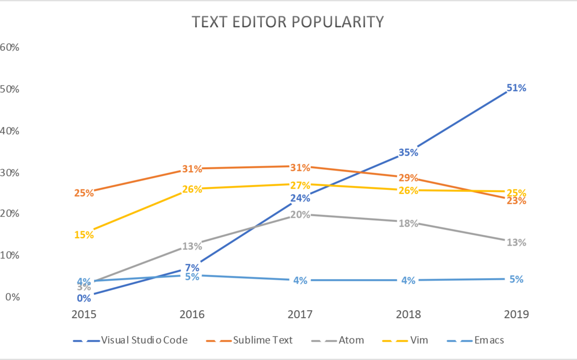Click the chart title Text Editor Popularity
click(288, 22)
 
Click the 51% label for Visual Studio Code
click(516, 88)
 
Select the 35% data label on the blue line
click(408, 152)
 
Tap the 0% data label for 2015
click(84, 298)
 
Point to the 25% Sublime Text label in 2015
click(84, 193)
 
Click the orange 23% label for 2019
click(516, 201)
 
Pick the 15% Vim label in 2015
click(84, 235)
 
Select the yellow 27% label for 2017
click(300, 185)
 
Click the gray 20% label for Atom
click(300, 215)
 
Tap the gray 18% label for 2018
click(408, 223)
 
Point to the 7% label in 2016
click(192, 268)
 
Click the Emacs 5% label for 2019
click(516, 279)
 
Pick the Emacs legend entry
click(488, 340)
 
